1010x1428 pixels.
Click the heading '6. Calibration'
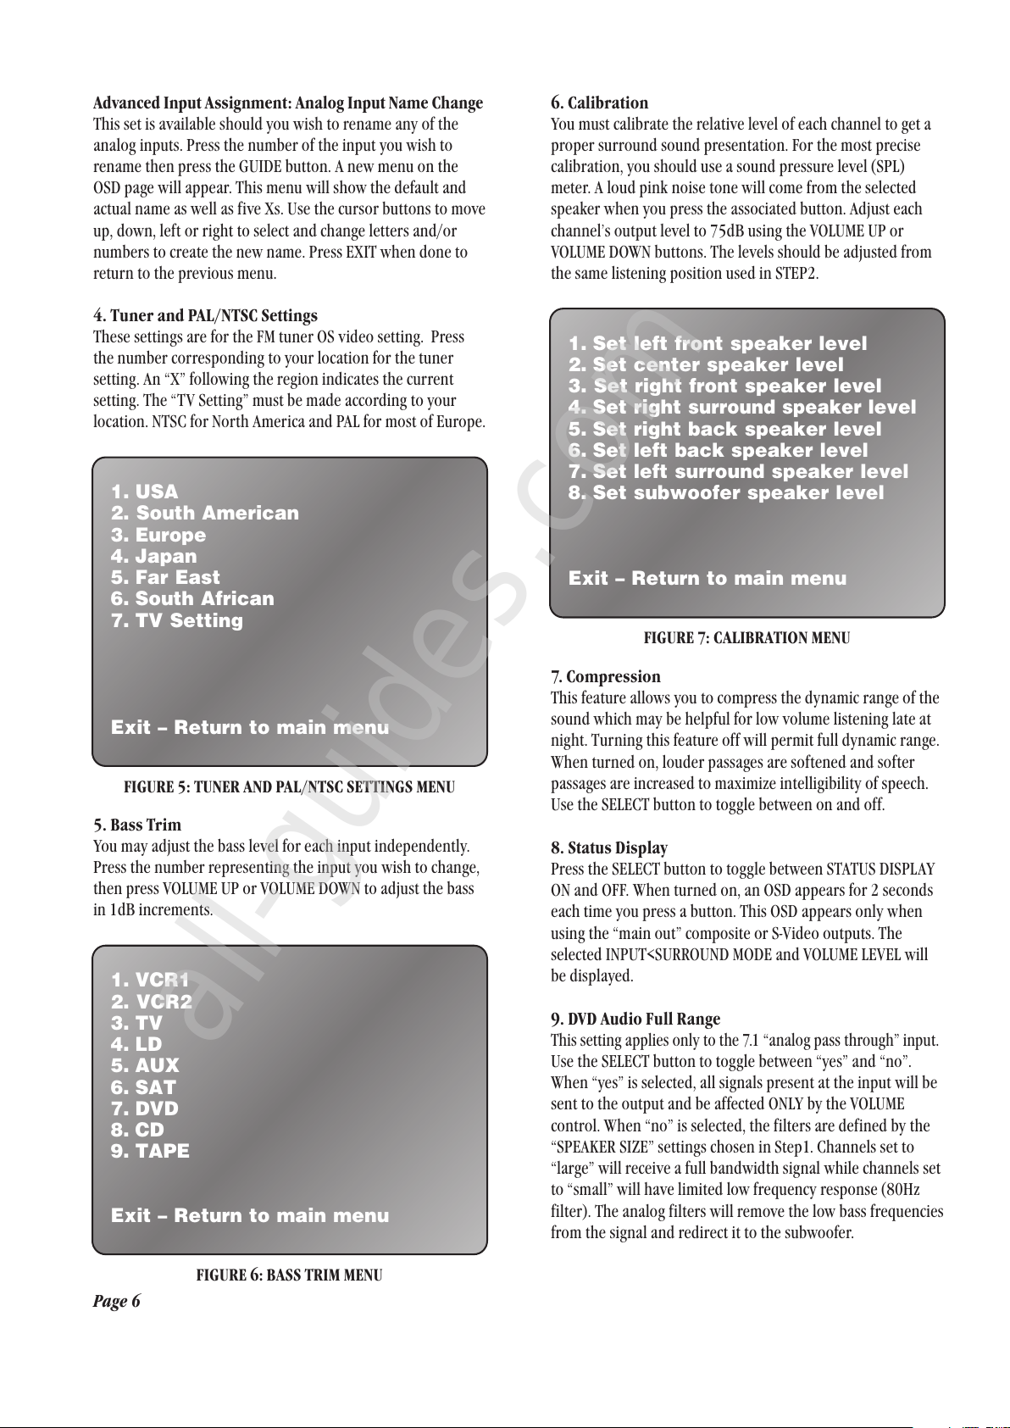[599, 103]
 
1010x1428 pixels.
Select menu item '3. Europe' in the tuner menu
[158, 536]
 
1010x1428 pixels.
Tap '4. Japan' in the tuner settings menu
[153, 557]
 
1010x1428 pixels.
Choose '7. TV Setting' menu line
[177, 620]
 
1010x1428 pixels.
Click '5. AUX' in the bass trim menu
[145, 1066]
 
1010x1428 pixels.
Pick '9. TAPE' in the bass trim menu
[150, 1152]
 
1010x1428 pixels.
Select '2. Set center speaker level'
[706, 365]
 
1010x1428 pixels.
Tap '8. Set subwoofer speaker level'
[726, 493]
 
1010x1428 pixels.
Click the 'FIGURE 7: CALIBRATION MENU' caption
[746, 638]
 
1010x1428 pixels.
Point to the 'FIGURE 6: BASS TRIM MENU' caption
[289, 1275]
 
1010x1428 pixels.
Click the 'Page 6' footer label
[117, 1302]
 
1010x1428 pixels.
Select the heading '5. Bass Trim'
[137, 825]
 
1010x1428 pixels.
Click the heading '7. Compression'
[605, 677]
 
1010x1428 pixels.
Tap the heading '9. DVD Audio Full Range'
[635, 1020]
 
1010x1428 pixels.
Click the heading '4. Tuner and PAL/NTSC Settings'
[205, 316]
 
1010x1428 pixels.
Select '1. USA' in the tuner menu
[144, 492]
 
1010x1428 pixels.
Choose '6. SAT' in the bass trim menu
[143, 1087]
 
